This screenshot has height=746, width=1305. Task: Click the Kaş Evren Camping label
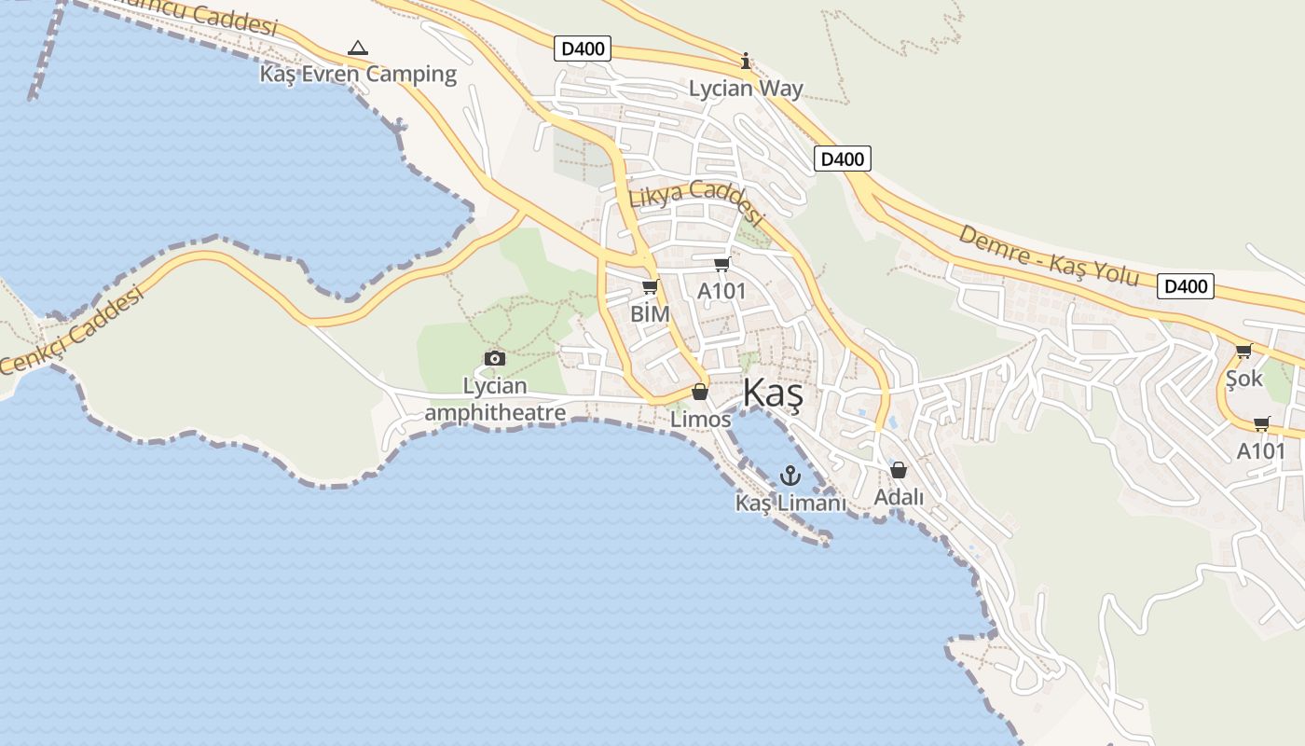point(359,75)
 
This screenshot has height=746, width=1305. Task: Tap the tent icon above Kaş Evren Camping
point(357,47)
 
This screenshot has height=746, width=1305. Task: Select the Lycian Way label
point(746,90)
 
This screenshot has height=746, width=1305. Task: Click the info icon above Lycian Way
point(745,62)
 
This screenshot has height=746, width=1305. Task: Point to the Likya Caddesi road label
point(696,204)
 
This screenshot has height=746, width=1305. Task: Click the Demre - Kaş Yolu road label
point(1049,255)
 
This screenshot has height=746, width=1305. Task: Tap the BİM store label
point(650,314)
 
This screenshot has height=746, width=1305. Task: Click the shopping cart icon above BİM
point(650,287)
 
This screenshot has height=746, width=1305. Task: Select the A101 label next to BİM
point(721,291)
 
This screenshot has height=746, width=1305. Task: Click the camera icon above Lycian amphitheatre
point(495,358)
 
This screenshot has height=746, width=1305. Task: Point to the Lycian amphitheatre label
point(495,399)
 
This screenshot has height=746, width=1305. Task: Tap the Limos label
point(701,420)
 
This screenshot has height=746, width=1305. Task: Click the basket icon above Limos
point(700,393)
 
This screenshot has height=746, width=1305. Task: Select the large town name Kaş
point(773,394)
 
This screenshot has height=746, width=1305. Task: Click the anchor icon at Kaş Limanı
point(790,477)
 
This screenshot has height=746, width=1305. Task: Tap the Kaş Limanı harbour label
point(790,504)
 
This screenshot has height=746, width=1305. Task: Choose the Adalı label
point(899,498)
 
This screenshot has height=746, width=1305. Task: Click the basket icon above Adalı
point(899,470)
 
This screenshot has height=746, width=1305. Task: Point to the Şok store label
point(1243,379)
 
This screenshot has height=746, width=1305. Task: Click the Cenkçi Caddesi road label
point(73,332)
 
